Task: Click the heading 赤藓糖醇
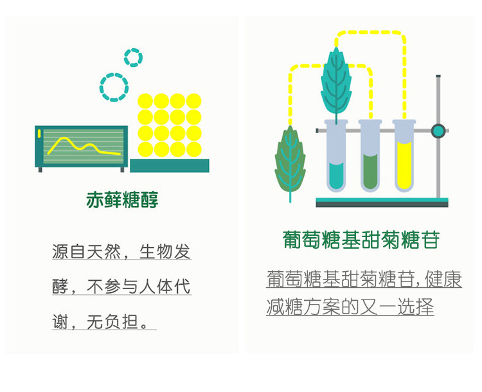[x=122, y=200]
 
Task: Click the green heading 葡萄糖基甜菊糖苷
[x=361, y=240]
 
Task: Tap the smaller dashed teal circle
[x=133, y=58]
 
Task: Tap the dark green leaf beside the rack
[x=290, y=161]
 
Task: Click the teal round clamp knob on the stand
[x=438, y=131]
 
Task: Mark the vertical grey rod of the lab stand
[x=438, y=167]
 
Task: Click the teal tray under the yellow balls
[x=169, y=165]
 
